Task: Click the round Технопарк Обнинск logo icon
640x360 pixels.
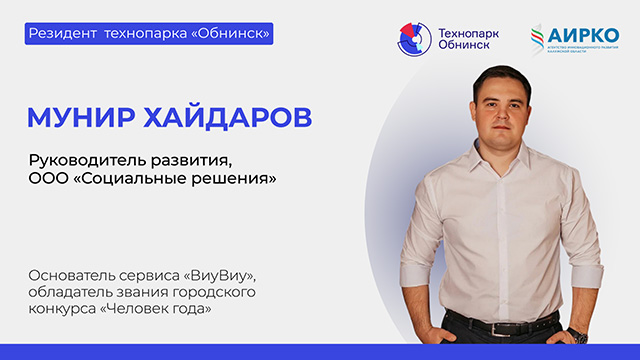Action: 414,39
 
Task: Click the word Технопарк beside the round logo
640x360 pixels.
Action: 467,32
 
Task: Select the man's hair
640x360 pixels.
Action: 497,73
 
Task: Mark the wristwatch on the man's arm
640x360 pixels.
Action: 578,333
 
